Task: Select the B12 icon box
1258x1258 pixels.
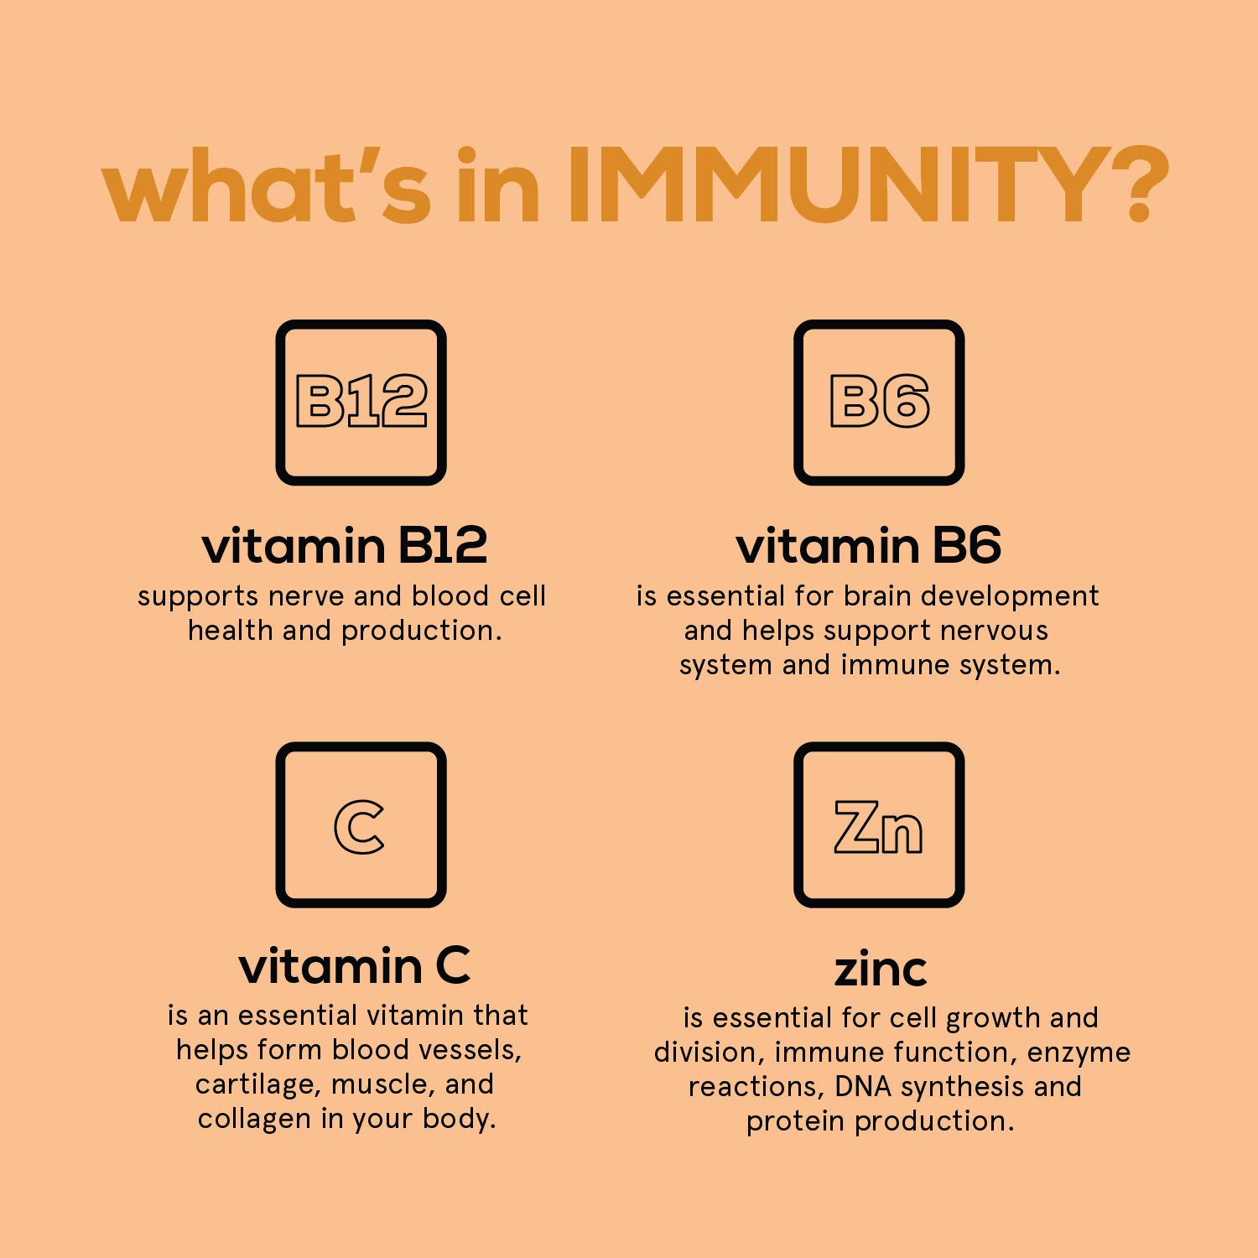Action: pos(361,403)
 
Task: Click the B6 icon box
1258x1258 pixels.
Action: pos(879,403)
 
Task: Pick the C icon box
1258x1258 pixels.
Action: pos(361,825)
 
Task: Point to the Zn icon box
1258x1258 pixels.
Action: pos(879,825)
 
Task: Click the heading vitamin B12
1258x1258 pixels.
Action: pos(344,546)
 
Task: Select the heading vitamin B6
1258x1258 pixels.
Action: pos(868,546)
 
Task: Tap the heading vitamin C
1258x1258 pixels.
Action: pos(354,966)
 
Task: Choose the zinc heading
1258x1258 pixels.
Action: pos(880,969)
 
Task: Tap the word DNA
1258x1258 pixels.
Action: pos(863,1087)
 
